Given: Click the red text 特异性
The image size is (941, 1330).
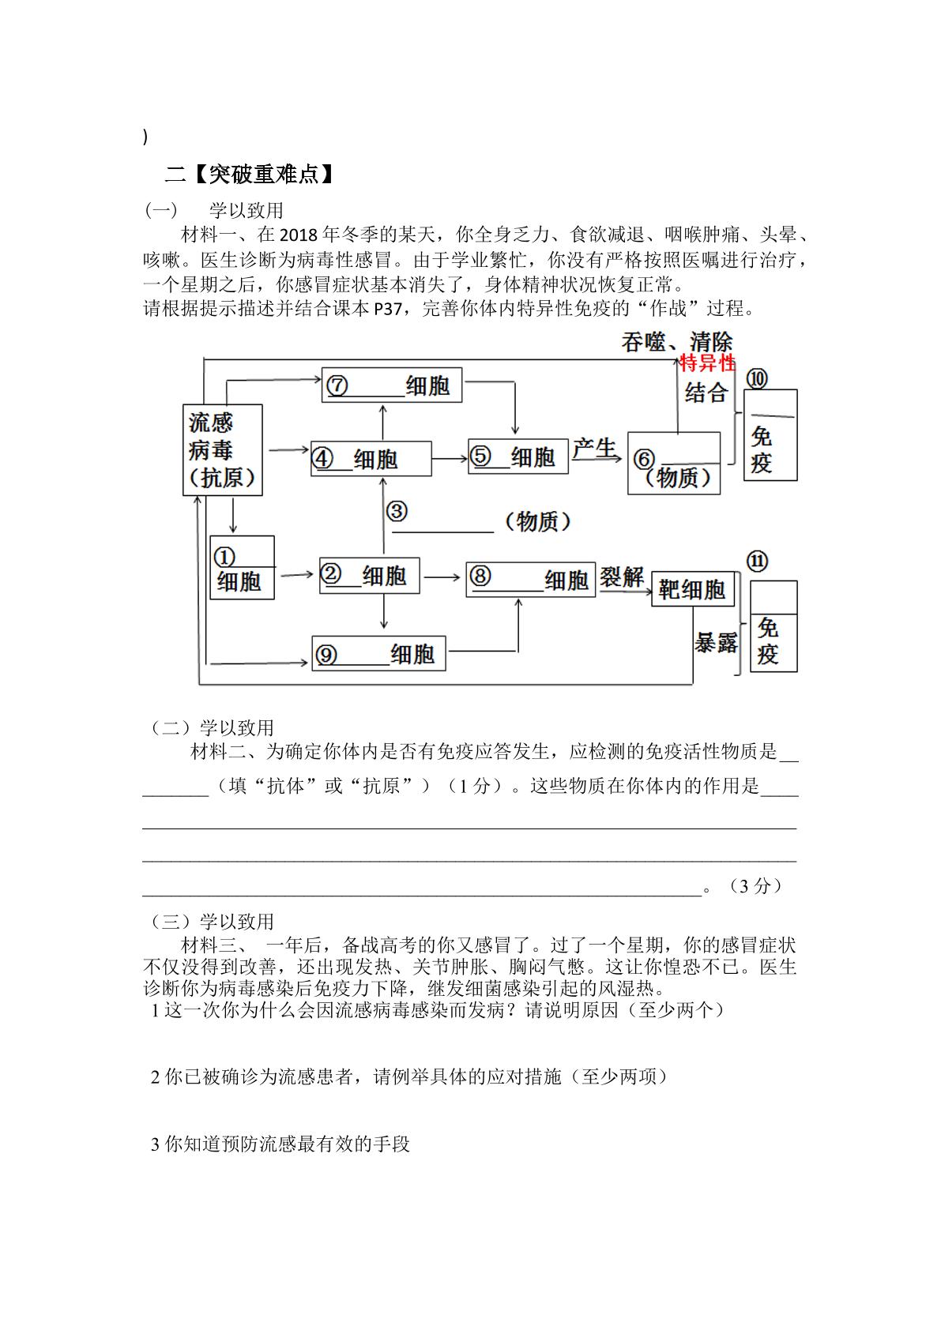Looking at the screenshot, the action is pyautogui.click(x=707, y=363).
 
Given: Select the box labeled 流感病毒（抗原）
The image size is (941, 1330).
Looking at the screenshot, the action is pyautogui.click(x=223, y=449).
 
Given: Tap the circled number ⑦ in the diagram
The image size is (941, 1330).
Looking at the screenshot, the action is pyautogui.click(x=337, y=385).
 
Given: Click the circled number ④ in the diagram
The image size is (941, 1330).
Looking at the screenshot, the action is pyautogui.click(x=322, y=458).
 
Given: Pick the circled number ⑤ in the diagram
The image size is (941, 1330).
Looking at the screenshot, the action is pyautogui.click(x=480, y=456).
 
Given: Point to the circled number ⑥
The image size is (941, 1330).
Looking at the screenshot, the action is pyautogui.click(x=644, y=459).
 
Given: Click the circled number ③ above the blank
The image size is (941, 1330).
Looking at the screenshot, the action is pyautogui.click(x=397, y=511).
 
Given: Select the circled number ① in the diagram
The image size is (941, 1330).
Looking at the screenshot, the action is pyautogui.click(x=224, y=558).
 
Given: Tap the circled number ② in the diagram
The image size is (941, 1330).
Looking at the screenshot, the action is pyautogui.click(x=331, y=573).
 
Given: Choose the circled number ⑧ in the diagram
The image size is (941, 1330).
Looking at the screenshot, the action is pyautogui.click(x=480, y=576).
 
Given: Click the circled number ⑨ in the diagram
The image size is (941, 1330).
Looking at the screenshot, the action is pyautogui.click(x=326, y=654).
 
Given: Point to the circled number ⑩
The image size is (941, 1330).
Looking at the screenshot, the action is pyautogui.click(x=757, y=378).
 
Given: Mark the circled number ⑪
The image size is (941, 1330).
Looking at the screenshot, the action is pyautogui.click(x=757, y=561).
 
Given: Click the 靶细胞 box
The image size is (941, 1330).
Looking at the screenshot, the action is pyautogui.click(x=693, y=589).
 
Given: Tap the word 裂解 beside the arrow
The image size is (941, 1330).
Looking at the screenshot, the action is pyautogui.click(x=621, y=577).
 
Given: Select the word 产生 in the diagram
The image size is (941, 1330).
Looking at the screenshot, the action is pyautogui.click(x=594, y=449).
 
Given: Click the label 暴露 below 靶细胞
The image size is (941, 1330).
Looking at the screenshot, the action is pyautogui.click(x=715, y=642).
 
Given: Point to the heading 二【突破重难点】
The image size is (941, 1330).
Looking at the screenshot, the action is pyautogui.click(x=249, y=174).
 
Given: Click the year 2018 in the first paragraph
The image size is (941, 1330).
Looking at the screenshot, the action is pyautogui.click(x=299, y=235).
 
